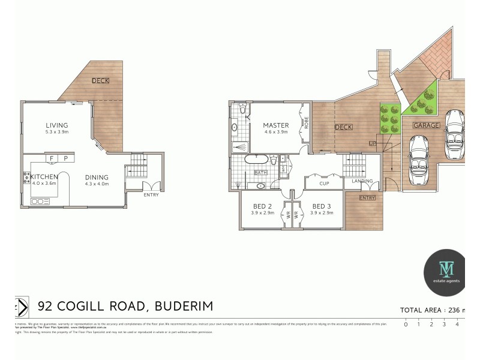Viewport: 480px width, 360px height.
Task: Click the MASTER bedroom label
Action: (x=275, y=125)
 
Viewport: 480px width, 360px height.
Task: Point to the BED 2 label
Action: (x=263, y=206)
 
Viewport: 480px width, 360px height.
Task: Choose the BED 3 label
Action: (x=321, y=206)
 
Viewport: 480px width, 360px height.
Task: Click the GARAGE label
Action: (x=426, y=125)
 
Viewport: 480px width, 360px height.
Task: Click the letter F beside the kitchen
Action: (x=52, y=158)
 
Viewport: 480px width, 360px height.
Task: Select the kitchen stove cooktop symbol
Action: (x=26, y=177)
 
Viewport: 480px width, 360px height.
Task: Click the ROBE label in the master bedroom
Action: (x=306, y=123)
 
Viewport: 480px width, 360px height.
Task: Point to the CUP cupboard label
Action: (x=324, y=184)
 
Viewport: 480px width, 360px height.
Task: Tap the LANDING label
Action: (x=362, y=181)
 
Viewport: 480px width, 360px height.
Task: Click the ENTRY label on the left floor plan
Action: (x=151, y=194)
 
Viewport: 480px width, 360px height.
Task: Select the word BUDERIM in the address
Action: (x=184, y=306)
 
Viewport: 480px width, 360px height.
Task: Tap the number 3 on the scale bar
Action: (x=444, y=324)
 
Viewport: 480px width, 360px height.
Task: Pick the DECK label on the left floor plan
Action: (x=100, y=81)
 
